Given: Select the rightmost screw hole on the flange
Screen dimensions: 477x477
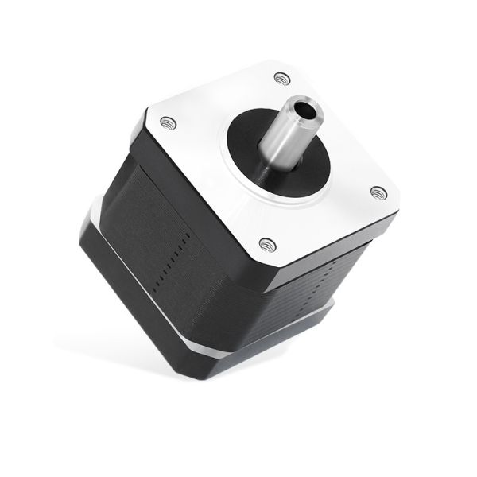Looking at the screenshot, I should pyautogui.click(x=378, y=192).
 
